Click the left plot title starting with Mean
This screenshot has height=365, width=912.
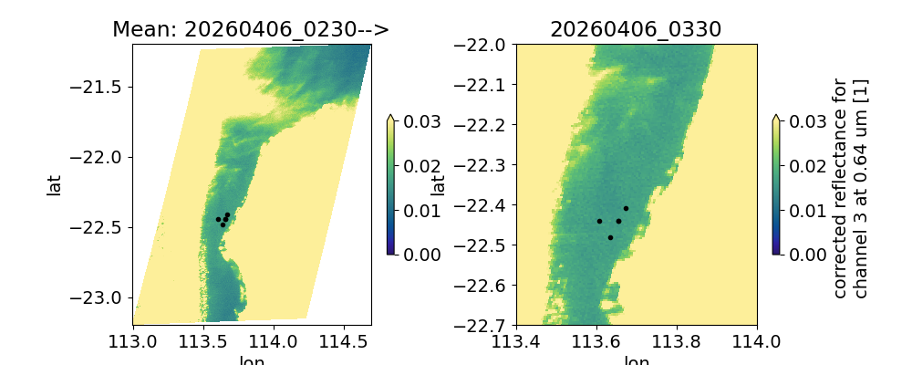coord(251,29)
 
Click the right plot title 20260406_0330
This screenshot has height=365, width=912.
coord(636,29)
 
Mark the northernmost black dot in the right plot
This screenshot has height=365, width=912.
coord(626,208)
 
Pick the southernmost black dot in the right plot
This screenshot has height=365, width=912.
coord(610,237)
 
